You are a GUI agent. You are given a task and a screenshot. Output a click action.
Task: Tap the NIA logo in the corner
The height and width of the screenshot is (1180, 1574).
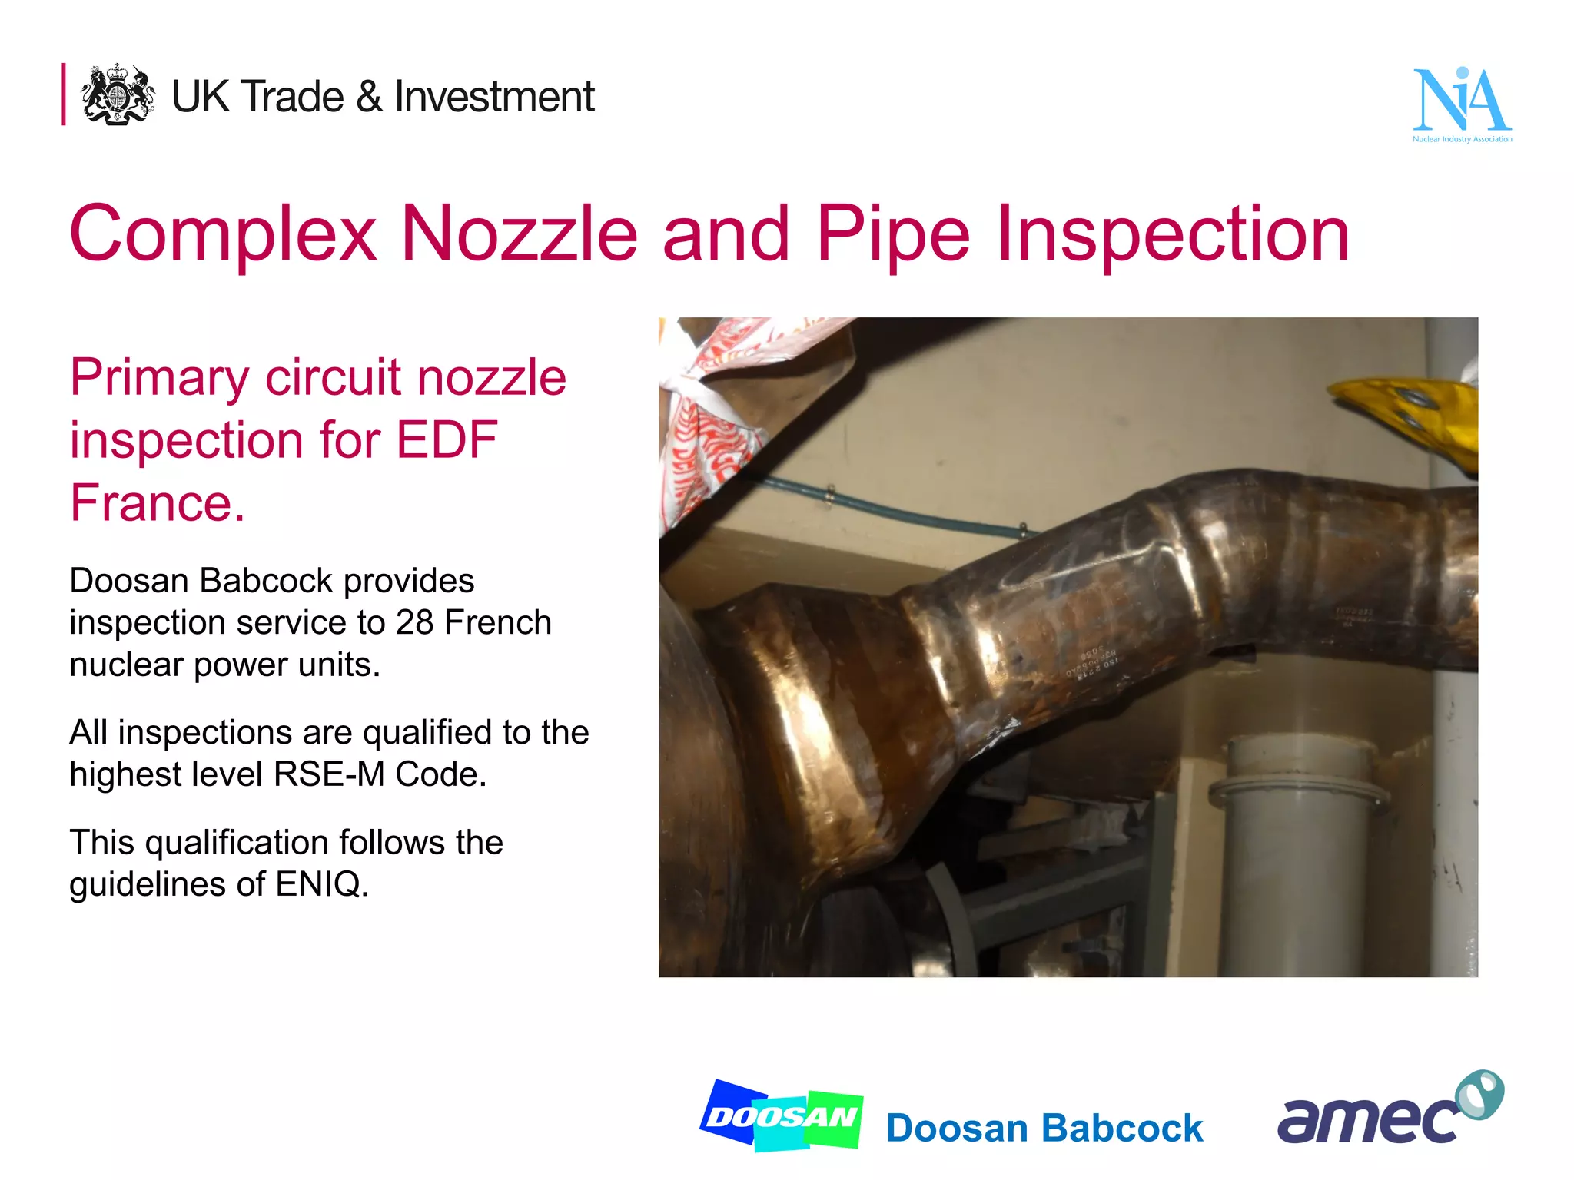[1462, 104]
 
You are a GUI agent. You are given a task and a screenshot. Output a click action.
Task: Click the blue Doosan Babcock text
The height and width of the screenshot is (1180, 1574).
[1044, 1129]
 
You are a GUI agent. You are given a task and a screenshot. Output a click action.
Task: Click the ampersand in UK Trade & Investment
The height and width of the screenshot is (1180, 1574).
[369, 98]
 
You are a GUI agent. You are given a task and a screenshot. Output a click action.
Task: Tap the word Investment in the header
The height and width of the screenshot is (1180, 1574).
[494, 98]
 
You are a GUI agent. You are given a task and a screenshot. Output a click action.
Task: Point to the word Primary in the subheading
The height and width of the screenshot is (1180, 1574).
[159, 378]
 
